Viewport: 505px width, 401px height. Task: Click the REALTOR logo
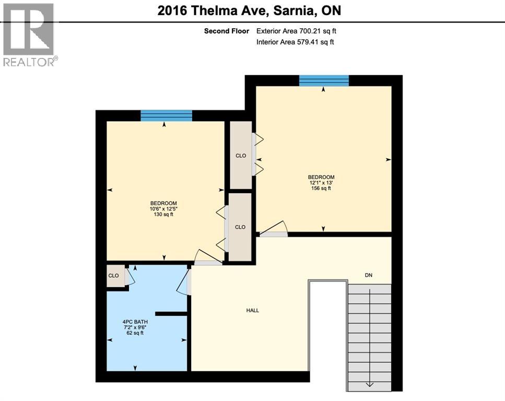pos(29,34)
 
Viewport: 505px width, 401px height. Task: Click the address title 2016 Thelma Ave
pos(249,10)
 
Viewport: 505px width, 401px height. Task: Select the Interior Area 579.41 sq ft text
pos(295,42)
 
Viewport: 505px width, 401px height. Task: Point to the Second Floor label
pos(226,31)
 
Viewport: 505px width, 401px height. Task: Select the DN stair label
pos(369,275)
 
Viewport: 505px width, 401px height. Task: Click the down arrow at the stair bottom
pos(369,384)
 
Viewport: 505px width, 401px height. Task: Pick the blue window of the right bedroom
pos(324,80)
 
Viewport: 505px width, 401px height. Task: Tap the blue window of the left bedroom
pos(167,116)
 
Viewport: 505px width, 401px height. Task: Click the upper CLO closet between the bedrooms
pos(241,155)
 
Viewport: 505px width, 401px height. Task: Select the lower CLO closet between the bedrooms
pos(240,227)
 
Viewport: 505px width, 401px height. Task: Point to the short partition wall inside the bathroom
pos(171,314)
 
